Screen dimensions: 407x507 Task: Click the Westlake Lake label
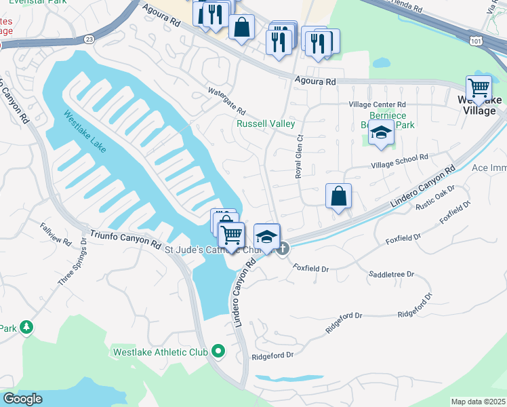click(85, 132)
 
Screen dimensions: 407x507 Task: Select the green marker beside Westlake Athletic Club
click(218, 351)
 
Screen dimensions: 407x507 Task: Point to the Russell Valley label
click(266, 124)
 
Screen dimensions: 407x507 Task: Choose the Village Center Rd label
click(377, 104)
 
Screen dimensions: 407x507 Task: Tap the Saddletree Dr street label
click(391, 274)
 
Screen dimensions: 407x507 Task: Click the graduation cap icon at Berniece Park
click(381, 134)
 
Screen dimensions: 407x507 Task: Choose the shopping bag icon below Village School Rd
click(338, 196)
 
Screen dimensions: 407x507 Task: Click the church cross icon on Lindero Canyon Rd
click(283, 249)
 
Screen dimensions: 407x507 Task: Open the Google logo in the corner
click(22, 398)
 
